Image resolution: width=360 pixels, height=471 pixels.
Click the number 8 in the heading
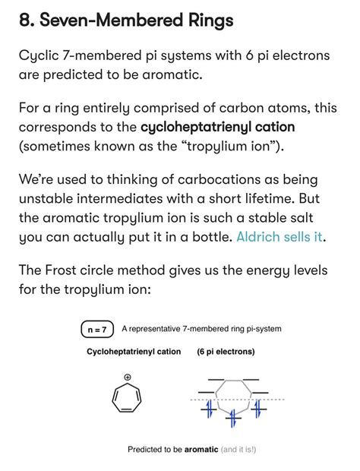click(25, 21)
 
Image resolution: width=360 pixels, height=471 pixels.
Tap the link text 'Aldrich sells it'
click(279, 236)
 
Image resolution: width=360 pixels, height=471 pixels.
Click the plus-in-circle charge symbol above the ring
click(127, 378)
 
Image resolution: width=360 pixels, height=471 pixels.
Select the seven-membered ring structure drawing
click(126, 398)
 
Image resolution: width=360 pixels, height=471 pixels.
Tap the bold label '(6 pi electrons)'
click(226, 352)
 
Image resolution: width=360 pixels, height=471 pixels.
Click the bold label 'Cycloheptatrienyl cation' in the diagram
click(134, 352)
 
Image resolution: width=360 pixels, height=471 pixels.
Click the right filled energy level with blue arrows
click(257, 409)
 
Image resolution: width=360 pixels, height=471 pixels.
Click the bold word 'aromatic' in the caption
click(201, 450)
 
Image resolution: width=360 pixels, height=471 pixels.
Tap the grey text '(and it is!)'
click(238, 450)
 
